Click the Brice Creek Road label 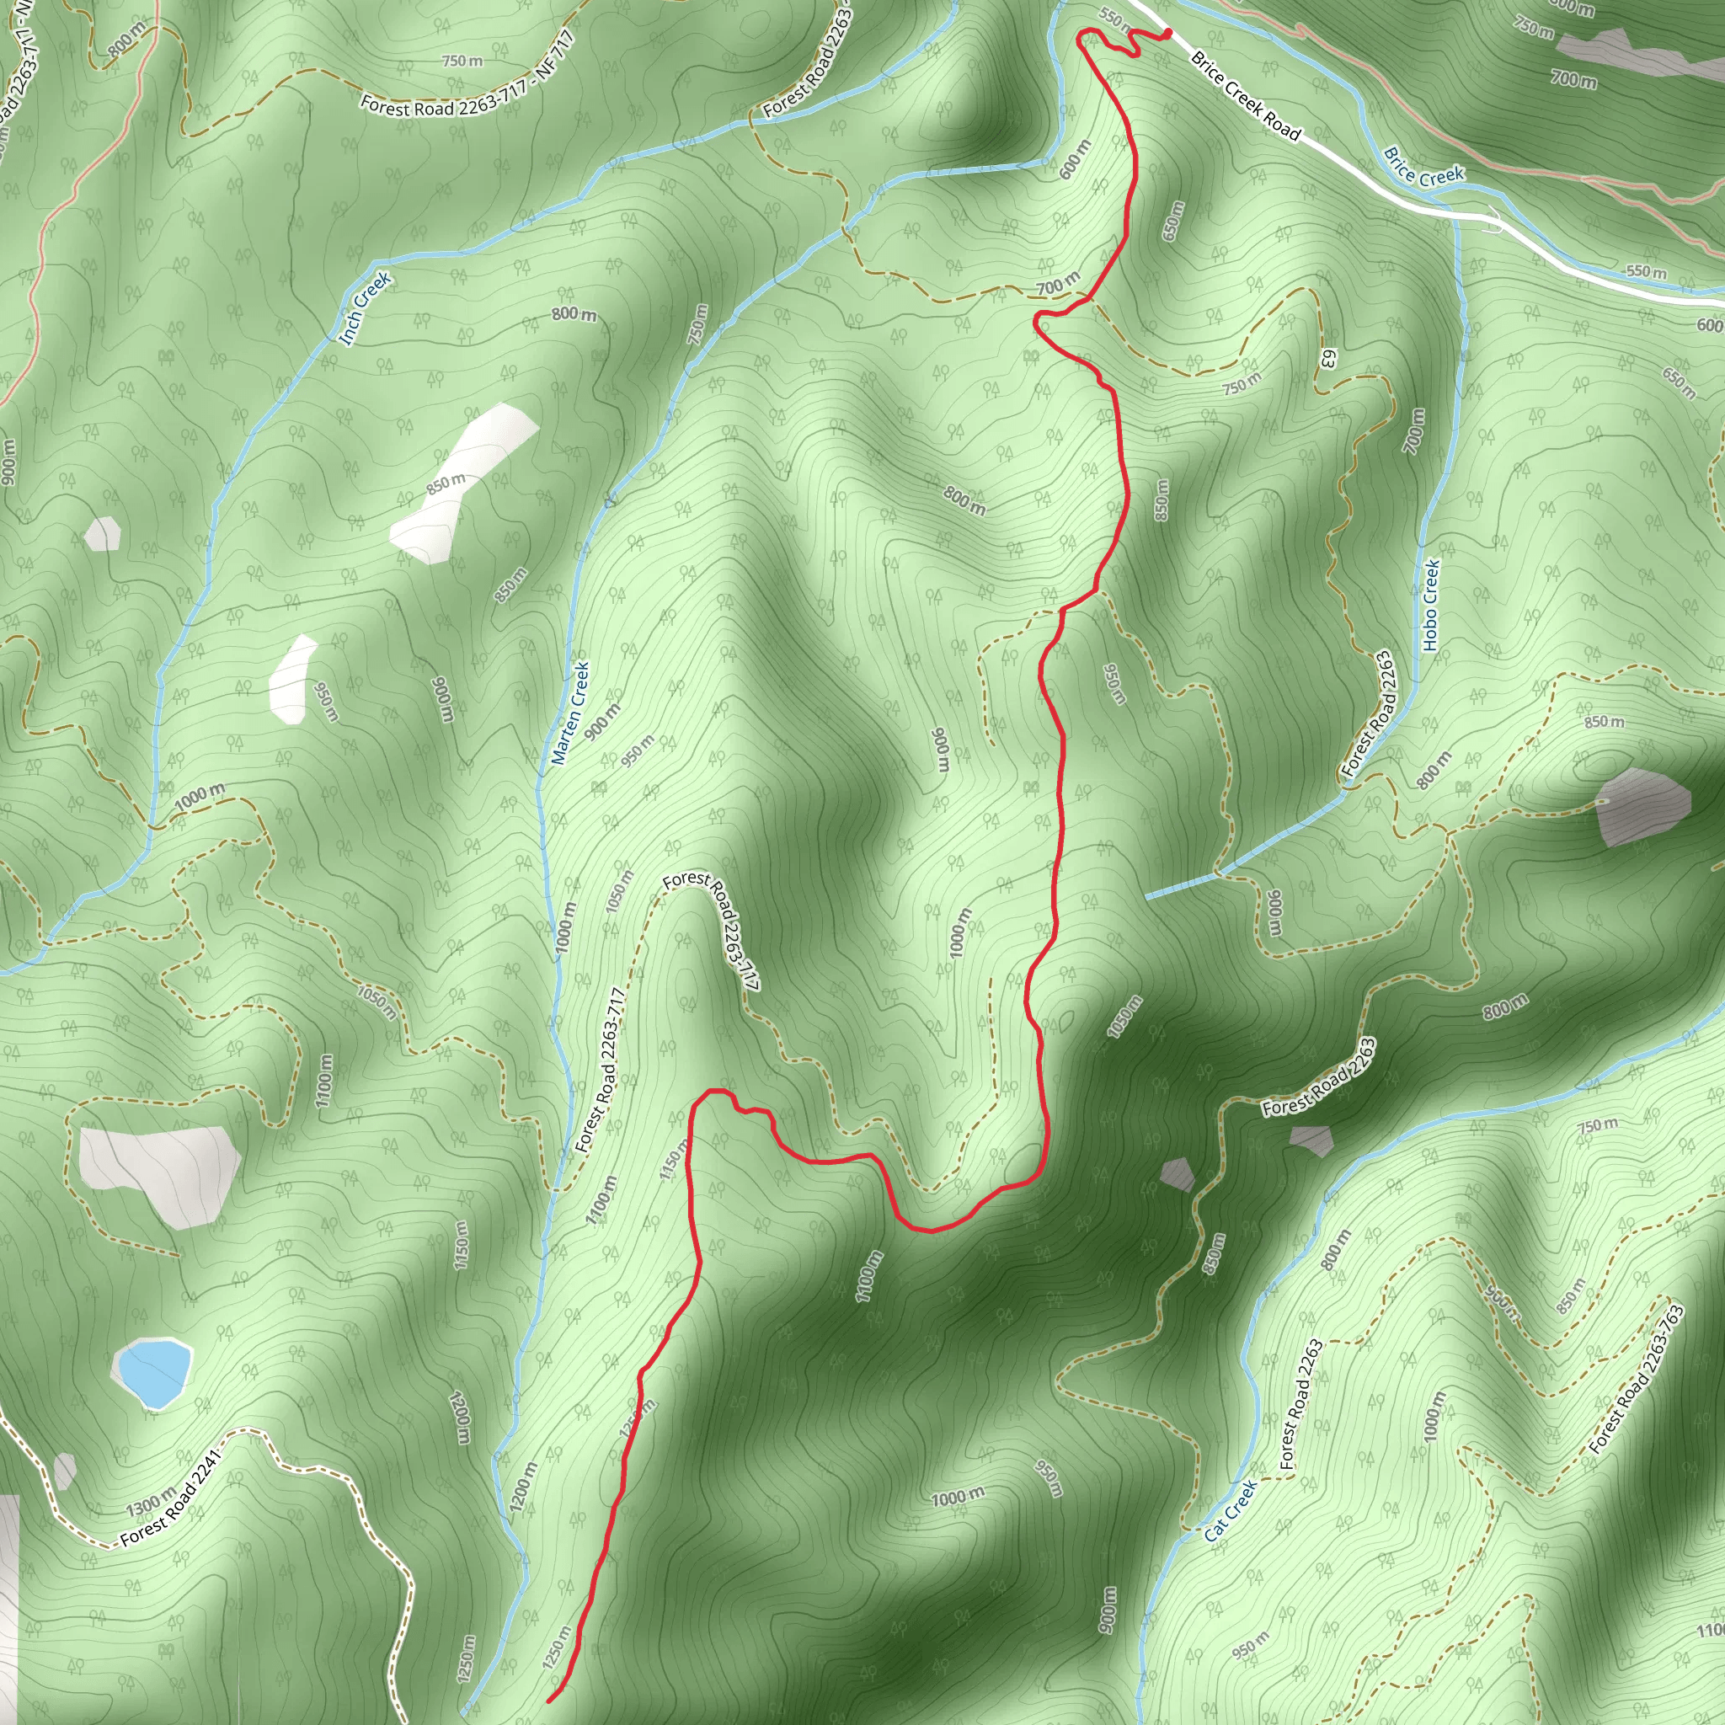tap(1246, 96)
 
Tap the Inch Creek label tap(366, 308)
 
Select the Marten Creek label tap(570, 713)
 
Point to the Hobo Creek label tap(1430, 605)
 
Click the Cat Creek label tap(1231, 1510)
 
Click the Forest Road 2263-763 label tap(1637, 1379)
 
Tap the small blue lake tap(152, 1372)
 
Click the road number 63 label tap(1327, 358)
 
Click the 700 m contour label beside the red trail tap(1058, 284)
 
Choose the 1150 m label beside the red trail tap(675, 1160)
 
